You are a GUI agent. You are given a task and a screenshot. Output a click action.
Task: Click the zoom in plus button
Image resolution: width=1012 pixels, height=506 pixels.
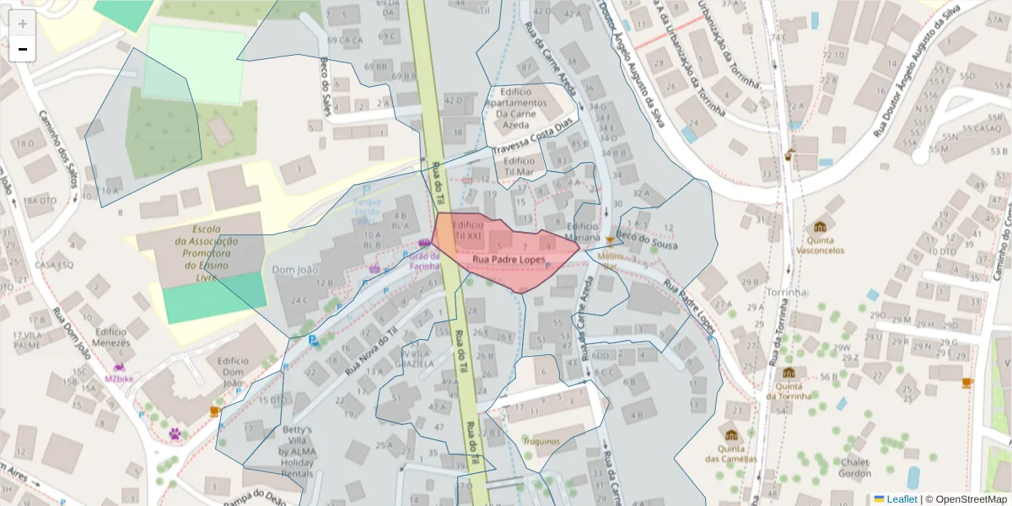(x=23, y=24)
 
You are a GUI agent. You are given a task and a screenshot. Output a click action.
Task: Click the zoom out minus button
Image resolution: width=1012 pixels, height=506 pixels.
(x=23, y=50)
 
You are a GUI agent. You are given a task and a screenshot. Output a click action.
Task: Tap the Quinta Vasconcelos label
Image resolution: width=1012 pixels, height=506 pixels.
(x=820, y=245)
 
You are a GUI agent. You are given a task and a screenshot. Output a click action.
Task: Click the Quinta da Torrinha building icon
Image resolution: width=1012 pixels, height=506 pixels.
(x=789, y=373)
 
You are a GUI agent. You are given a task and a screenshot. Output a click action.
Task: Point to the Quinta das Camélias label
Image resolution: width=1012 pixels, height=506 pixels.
(x=730, y=454)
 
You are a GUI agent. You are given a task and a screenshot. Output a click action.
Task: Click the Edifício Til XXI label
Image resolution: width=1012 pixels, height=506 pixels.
(x=468, y=232)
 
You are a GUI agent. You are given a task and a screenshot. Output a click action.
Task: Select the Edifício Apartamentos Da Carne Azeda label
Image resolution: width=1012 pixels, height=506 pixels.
(x=515, y=108)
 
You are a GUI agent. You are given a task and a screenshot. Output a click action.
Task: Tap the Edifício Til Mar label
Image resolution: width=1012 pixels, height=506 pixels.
(x=519, y=165)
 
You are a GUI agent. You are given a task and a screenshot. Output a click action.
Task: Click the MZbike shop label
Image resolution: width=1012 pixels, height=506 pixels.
(x=119, y=379)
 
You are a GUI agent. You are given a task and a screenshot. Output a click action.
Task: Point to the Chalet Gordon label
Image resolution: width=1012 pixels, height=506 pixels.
(x=854, y=467)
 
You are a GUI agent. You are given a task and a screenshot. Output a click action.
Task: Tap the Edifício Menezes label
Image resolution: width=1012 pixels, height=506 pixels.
(x=111, y=337)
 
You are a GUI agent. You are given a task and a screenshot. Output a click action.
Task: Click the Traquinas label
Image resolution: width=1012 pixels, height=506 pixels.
(x=541, y=441)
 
